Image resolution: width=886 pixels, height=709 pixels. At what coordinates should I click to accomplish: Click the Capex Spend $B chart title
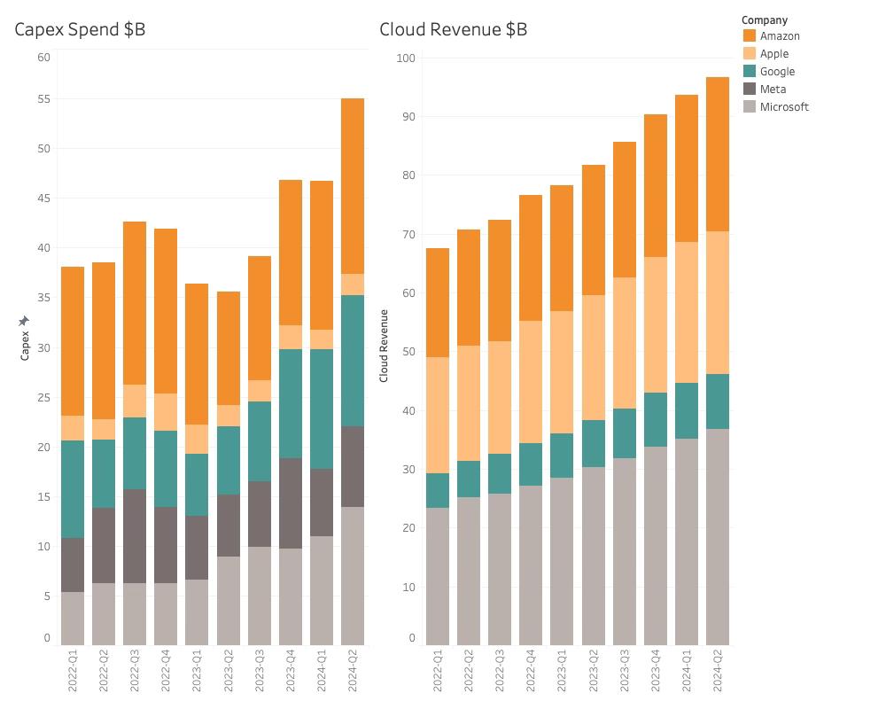[80, 29]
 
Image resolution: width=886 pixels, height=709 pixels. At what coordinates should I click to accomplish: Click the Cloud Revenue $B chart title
[453, 29]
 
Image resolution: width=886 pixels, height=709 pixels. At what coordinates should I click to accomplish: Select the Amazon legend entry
[779, 36]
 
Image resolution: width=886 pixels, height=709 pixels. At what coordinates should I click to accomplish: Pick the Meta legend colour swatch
[750, 90]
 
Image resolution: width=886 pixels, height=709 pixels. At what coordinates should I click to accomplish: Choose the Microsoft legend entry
[783, 107]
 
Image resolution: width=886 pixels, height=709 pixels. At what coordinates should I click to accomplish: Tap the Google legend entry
[777, 72]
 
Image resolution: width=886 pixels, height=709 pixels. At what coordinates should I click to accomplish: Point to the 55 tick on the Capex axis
[43, 99]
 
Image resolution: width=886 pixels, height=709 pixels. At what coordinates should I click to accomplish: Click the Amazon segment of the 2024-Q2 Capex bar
[353, 186]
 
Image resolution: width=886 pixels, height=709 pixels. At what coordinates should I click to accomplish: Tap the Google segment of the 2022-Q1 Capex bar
[73, 489]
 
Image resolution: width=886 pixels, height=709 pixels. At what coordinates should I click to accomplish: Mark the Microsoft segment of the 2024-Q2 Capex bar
[353, 576]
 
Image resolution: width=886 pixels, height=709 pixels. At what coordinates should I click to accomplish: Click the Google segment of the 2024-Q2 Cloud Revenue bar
[718, 401]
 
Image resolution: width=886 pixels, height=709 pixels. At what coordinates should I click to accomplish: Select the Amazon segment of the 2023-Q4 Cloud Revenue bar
[656, 186]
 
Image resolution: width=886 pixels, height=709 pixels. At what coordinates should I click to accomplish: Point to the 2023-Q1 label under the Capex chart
[197, 672]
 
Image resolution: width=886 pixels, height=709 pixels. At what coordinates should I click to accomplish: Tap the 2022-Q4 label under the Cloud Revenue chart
[531, 672]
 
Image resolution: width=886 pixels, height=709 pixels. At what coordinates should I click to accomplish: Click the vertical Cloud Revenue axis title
[385, 346]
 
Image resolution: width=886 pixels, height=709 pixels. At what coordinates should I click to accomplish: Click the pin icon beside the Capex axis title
[25, 321]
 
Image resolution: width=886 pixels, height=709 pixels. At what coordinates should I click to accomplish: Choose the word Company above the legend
[764, 20]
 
